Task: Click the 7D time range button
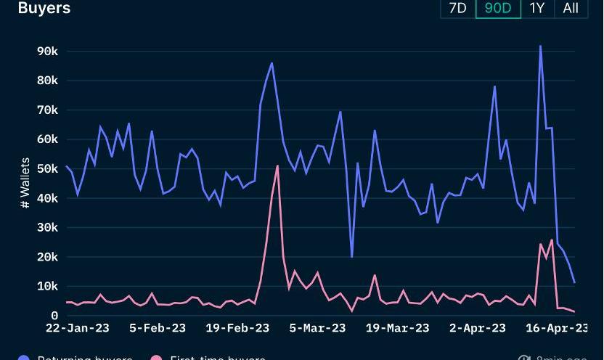pyautogui.click(x=458, y=8)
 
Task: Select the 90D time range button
pyautogui.click(x=498, y=8)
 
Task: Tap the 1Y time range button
pyautogui.click(x=537, y=8)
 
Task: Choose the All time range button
pyautogui.click(x=571, y=8)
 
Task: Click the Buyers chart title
pyautogui.click(x=44, y=8)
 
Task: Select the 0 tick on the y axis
pyautogui.click(x=54, y=316)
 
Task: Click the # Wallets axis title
pyautogui.click(x=25, y=183)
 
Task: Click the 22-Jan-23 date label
pyautogui.click(x=78, y=328)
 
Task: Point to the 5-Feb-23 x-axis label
pyautogui.click(x=158, y=328)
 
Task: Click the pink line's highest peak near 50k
pyautogui.click(x=277, y=165)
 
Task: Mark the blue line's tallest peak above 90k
pyautogui.click(x=540, y=46)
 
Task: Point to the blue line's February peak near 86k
pyautogui.click(x=272, y=63)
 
